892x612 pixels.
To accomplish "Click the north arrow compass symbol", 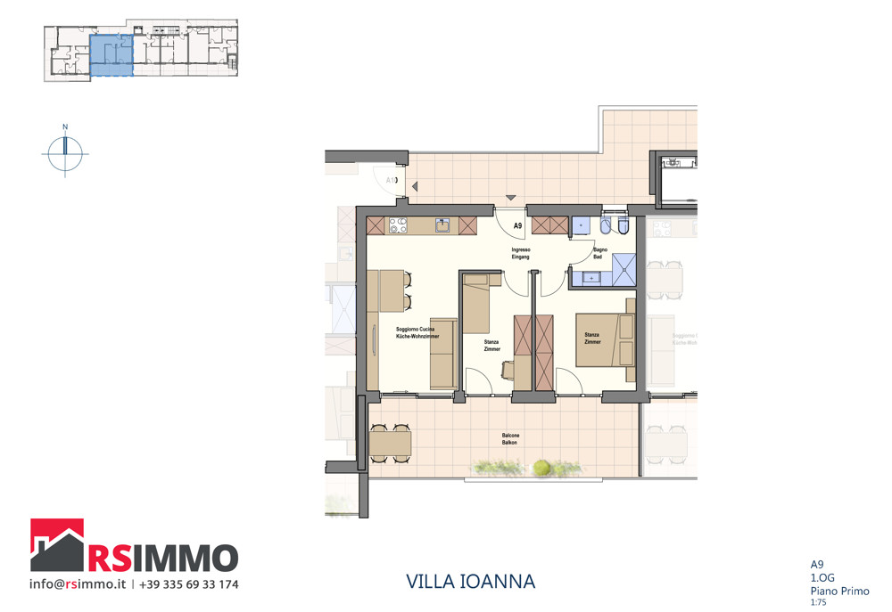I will pyautogui.click(x=65, y=153).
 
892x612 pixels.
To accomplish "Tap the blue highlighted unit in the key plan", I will pyautogui.click(x=111, y=55).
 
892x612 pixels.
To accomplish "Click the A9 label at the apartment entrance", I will pyautogui.click(x=516, y=226).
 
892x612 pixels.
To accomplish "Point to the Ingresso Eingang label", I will pyautogui.click(x=521, y=253).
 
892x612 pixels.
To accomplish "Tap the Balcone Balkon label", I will pyautogui.click(x=509, y=438).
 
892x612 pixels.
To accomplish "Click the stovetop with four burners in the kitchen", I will pyautogui.click(x=399, y=225).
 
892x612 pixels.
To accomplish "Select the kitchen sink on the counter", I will pyautogui.click(x=442, y=225).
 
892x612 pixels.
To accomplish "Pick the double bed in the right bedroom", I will pyautogui.click(x=604, y=339).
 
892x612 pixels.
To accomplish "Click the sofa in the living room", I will pyautogui.click(x=443, y=353).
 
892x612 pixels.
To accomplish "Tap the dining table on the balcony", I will pyautogui.click(x=391, y=442).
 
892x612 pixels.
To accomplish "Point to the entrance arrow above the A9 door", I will pyautogui.click(x=510, y=197).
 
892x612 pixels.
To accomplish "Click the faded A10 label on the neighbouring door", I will pyautogui.click(x=391, y=181).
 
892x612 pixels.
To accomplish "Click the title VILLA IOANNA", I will pyautogui.click(x=470, y=582).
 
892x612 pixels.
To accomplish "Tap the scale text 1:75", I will pyautogui.click(x=817, y=602).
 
